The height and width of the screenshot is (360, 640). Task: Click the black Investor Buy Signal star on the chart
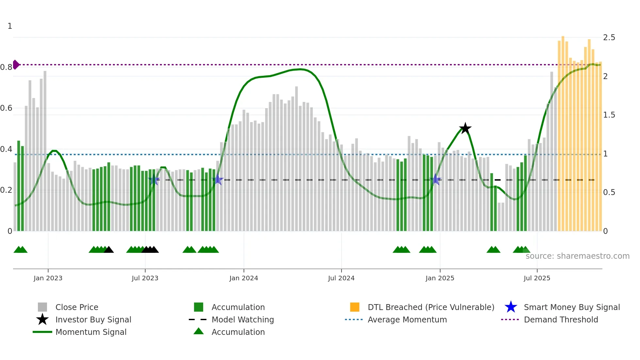click(x=465, y=128)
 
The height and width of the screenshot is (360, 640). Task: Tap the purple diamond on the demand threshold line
click(x=16, y=65)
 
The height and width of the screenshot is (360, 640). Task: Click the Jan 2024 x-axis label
click(x=244, y=278)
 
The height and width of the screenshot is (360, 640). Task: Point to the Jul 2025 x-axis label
click(x=537, y=278)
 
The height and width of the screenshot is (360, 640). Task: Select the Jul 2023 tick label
click(x=145, y=278)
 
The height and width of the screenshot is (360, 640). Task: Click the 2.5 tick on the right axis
click(x=609, y=38)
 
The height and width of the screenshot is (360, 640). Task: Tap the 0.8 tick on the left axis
click(x=6, y=67)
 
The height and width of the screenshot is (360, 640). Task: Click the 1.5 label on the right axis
click(x=609, y=115)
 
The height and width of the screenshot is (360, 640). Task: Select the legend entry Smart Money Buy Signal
click(x=571, y=307)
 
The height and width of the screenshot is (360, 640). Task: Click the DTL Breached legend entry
click(x=431, y=307)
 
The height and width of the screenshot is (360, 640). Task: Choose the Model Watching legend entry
click(x=243, y=319)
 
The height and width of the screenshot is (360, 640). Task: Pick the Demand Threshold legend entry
click(x=561, y=319)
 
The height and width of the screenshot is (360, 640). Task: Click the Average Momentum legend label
click(x=407, y=319)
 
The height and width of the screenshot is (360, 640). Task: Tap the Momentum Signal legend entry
click(x=91, y=332)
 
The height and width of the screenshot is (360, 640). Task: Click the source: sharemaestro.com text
click(x=577, y=256)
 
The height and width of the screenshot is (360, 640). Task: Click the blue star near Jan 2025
click(x=435, y=180)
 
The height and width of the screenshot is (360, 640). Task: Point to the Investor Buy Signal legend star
click(x=42, y=319)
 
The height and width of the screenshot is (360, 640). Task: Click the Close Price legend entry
click(x=76, y=307)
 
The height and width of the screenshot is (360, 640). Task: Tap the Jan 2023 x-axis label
click(x=48, y=278)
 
